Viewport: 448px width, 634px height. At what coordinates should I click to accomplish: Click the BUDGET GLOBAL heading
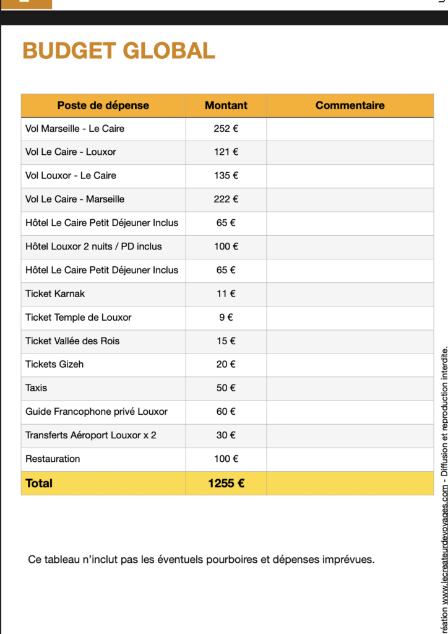(119, 51)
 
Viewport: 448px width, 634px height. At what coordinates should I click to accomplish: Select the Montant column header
(226, 105)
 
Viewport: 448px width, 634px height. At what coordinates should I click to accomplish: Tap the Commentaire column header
(350, 105)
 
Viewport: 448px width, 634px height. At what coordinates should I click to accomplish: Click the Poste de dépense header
(103, 105)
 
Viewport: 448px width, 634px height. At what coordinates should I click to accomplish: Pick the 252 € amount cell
(226, 129)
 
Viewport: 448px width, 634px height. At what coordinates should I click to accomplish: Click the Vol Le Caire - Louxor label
(71, 152)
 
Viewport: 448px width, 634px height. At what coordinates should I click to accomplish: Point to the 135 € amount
(226, 176)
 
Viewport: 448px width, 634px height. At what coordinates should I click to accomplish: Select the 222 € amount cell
(226, 199)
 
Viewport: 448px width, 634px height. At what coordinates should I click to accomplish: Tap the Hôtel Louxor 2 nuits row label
(93, 246)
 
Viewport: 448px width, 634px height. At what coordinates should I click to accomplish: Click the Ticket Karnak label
(55, 293)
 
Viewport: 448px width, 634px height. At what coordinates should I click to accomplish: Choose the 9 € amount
(226, 317)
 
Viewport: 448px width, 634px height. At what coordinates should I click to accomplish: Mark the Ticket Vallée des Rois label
(72, 341)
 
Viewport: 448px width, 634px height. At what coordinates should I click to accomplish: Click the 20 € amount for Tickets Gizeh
(226, 364)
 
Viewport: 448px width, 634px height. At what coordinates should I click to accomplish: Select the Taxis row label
(36, 388)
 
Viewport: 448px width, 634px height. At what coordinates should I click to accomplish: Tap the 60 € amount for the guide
(226, 412)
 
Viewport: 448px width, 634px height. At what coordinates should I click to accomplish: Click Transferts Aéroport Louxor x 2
(90, 435)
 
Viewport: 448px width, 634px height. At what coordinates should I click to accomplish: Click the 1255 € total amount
(226, 484)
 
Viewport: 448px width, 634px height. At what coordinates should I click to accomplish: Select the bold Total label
(39, 484)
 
